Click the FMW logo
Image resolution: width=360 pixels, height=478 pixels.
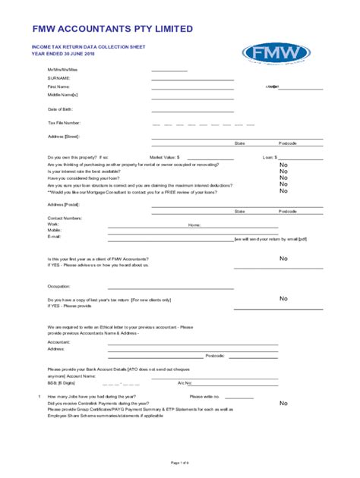[276, 53]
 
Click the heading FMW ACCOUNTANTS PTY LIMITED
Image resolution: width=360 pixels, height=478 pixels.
[112, 28]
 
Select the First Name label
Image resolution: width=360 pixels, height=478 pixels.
[59, 86]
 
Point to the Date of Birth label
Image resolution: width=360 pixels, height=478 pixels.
[61, 108]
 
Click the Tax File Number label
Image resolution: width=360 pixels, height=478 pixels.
[64, 122]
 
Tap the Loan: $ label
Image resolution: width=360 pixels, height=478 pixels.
[270, 157]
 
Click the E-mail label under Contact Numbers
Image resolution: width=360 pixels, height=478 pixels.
[54, 237]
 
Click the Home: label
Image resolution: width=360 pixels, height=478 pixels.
[194, 225]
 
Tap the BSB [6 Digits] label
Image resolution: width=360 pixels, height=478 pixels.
[62, 383]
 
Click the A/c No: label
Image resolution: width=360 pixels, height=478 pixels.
[185, 383]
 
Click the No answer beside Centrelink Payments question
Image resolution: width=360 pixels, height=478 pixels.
[283, 403]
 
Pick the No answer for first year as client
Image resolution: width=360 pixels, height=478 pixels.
[283, 259]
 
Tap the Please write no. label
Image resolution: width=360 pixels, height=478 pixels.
[205, 396]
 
